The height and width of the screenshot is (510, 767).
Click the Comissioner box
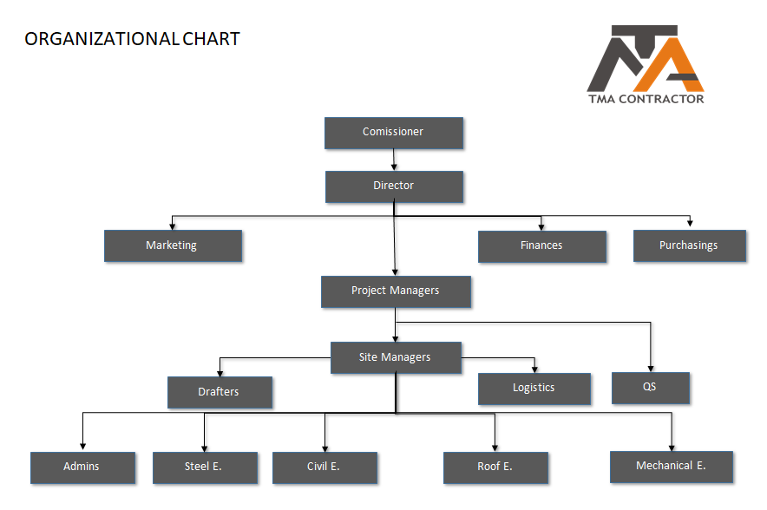(x=394, y=133)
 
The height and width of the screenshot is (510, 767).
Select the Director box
(x=394, y=186)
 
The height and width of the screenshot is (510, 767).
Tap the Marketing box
(x=174, y=246)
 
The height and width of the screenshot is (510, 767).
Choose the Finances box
(x=542, y=246)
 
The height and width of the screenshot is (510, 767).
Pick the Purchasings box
(x=690, y=246)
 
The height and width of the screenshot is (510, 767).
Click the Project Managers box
(x=397, y=292)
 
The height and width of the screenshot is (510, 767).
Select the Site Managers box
(x=397, y=358)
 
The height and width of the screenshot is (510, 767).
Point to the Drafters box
(x=220, y=392)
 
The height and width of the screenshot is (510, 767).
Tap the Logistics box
(x=534, y=389)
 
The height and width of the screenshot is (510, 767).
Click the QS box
(x=651, y=389)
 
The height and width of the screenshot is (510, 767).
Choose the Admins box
(x=83, y=468)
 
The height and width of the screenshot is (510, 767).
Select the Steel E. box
(x=206, y=468)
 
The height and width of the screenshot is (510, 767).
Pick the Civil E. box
(x=324, y=468)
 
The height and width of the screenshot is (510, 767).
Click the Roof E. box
(x=496, y=468)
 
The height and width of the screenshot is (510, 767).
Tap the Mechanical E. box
(x=672, y=467)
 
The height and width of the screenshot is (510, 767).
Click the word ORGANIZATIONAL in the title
(x=102, y=39)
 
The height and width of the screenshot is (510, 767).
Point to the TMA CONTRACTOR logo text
(x=646, y=99)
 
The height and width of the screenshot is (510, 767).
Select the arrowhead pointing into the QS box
(x=651, y=369)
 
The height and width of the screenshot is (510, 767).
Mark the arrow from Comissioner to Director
(x=394, y=160)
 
